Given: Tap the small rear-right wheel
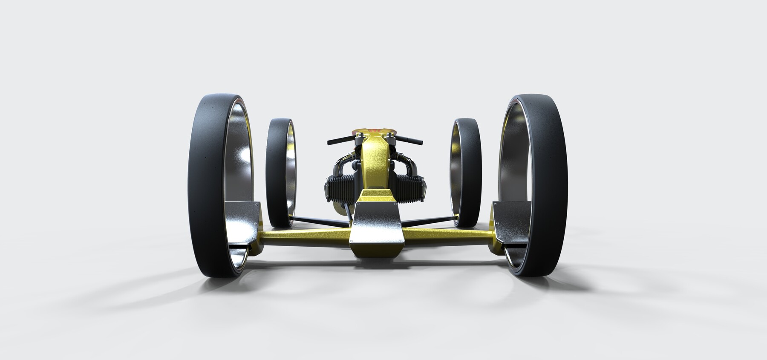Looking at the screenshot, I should [x=469, y=170].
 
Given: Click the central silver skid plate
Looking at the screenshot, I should [x=375, y=230].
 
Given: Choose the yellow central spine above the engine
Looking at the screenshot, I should [x=375, y=162].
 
